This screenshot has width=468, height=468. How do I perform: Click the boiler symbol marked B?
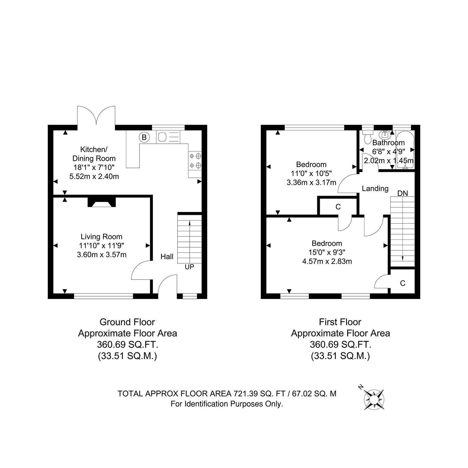pos(144,138)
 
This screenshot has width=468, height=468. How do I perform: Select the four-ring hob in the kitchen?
pos(195,161)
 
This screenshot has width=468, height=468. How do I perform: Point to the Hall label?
pos(167,257)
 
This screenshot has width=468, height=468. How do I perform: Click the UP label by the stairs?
pos(189,267)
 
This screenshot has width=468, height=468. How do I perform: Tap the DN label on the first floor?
pos(402,193)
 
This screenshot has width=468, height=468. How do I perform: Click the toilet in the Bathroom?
pos(368,136)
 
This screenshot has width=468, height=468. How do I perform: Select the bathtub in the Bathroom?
pos(405,149)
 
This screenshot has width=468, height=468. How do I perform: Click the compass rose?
pos(374,399)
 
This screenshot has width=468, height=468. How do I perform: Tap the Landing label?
pos(375,189)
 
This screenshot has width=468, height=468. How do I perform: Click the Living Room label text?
pos(101,237)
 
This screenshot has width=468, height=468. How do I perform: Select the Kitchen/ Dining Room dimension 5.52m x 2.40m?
pos(94,176)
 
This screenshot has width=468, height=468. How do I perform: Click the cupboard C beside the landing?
pos(338,207)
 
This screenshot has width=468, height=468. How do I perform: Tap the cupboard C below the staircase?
pos(402,283)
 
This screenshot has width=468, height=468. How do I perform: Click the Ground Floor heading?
pos(127,322)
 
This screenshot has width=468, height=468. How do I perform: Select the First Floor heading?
pos(340,322)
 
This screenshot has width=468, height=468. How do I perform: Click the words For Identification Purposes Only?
pos(227,404)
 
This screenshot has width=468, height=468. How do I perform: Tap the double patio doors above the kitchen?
pos(96,115)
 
